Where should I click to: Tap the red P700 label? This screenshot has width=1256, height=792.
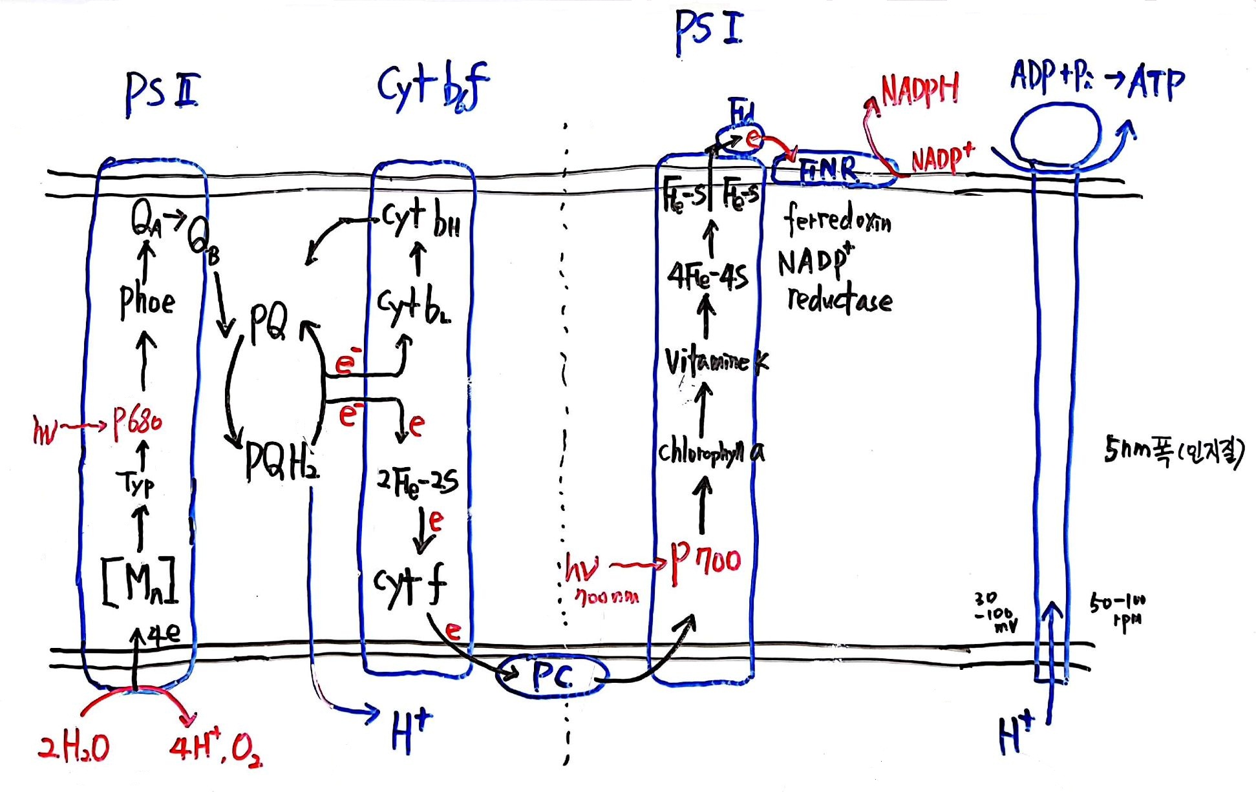pyautogui.click(x=705, y=561)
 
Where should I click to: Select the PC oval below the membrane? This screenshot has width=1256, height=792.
pyautogui.click(x=552, y=676)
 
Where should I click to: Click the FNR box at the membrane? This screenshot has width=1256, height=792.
pyautogui.click(x=830, y=171)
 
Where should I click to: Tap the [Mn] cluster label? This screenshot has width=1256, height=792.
pyautogui.click(x=140, y=581)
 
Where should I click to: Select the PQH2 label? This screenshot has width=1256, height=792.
pyautogui.click(x=282, y=461)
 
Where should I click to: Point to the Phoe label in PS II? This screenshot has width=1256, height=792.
pyautogui.click(x=147, y=301)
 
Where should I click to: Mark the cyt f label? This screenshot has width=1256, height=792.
pyautogui.click(x=410, y=585)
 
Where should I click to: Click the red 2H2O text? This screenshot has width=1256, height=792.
pyautogui.click(x=74, y=748)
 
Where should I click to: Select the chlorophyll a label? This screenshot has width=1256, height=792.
pyautogui.click(x=710, y=452)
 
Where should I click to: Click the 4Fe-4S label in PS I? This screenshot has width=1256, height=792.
pyautogui.click(x=708, y=276)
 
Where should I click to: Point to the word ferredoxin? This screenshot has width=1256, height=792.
pyautogui.click(x=838, y=220)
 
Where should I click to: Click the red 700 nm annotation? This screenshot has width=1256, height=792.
pyautogui.click(x=607, y=598)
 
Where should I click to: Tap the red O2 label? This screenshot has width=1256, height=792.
pyautogui.click(x=246, y=751)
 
